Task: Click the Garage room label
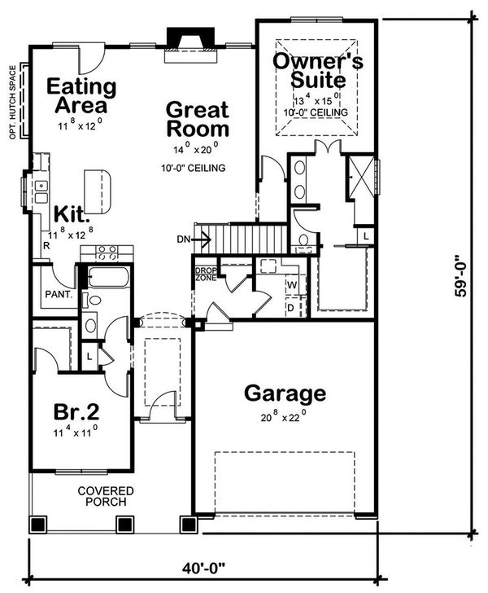[285, 394]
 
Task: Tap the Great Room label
[198, 119]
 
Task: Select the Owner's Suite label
[318, 70]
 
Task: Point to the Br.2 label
[76, 411]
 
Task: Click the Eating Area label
[81, 95]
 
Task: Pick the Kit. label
[72, 214]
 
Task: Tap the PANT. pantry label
[59, 294]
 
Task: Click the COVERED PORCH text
[106, 496]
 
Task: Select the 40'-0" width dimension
[203, 568]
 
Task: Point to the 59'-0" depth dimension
[461, 277]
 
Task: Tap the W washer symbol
[292, 285]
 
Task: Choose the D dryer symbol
[290, 308]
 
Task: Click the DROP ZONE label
[206, 275]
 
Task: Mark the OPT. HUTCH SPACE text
[13, 102]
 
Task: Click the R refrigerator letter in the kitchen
[46, 246]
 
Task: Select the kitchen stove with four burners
[107, 253]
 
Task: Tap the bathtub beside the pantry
[108, 277]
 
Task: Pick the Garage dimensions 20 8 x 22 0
[282, 417]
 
